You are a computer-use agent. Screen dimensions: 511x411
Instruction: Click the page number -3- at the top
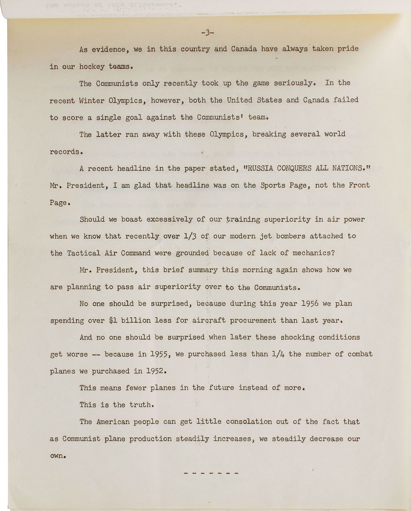click(x=207, y=33)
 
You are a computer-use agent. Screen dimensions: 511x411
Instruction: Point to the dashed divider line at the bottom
click(x=211, y=473)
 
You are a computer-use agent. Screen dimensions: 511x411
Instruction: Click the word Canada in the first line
click(x=244, y=49)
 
